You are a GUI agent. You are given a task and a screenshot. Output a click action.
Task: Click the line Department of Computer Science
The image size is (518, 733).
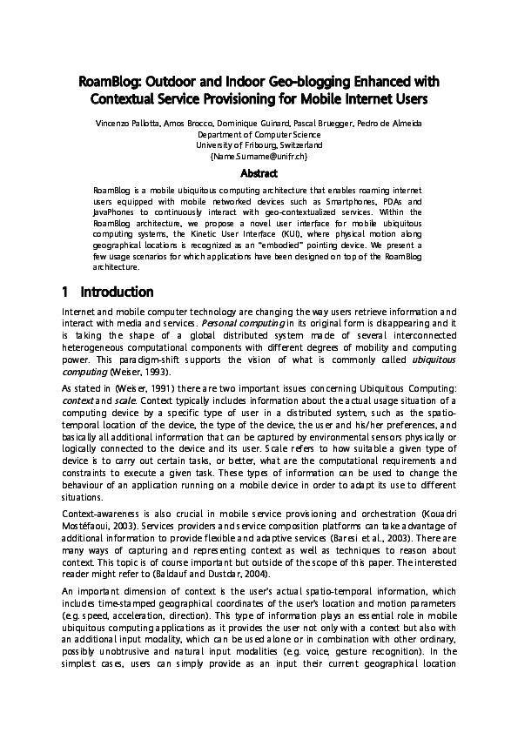click(259, 135)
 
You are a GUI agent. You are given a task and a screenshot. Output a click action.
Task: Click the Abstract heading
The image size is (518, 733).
click(259, 173)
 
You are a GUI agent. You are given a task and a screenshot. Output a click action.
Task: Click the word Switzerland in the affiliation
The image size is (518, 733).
click(292, 145)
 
